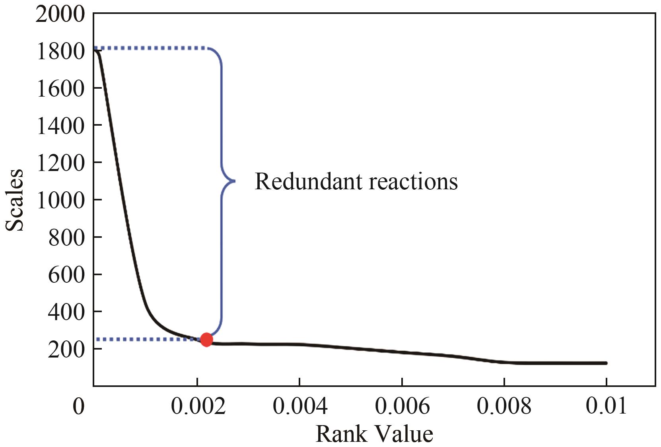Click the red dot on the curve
click(206, 339)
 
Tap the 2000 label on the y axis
click(60, 15)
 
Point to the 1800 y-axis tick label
click(60, 52)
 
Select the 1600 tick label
click(60, 89)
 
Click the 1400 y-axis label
click(60, 126)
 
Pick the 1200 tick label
click(60, 163)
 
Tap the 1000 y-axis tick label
click(60, 200)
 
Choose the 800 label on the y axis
click(66, 238)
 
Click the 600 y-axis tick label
click(66, 275)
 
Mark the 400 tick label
click(66, 312)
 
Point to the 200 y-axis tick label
click(66, 350)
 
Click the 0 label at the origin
click(79, 406)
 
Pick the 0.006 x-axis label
click(402, 406)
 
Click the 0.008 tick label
click(504, 406)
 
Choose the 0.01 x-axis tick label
click(606, 406)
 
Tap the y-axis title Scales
click(15, 200)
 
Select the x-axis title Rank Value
click(374, 434)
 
